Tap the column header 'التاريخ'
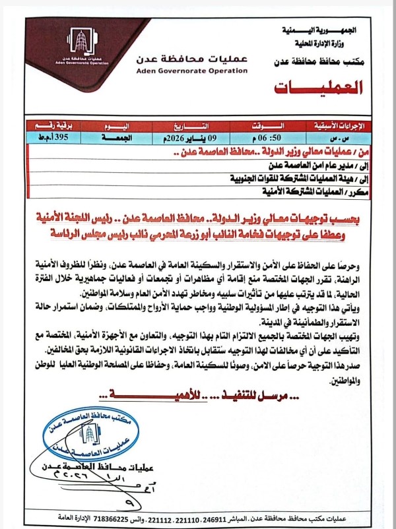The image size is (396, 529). click(187, 126)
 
